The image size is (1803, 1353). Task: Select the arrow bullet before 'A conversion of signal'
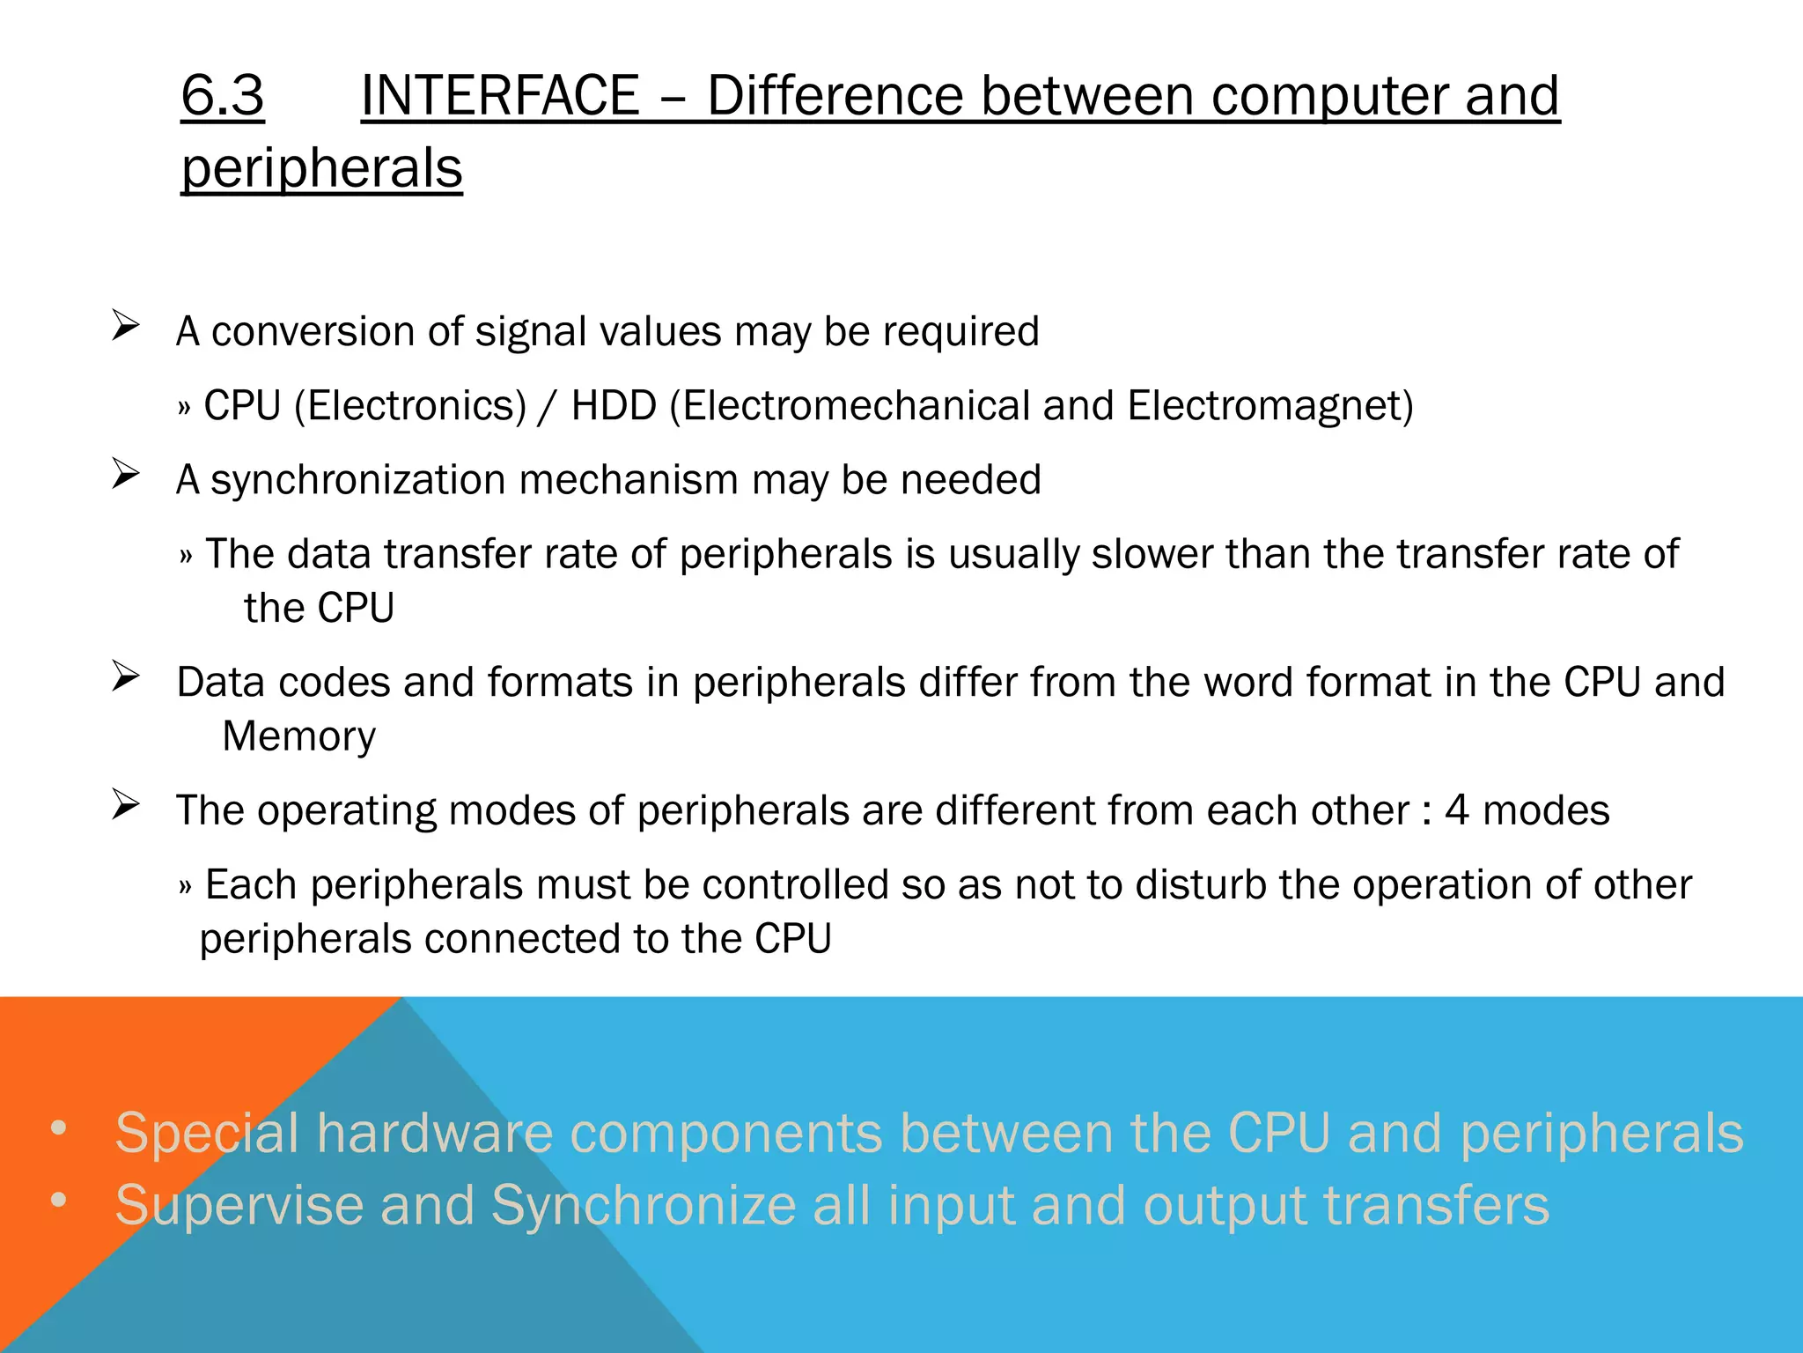[126, 327]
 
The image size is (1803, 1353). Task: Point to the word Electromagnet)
[1270, 406]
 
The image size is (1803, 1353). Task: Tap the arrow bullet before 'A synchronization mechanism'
[126, 475]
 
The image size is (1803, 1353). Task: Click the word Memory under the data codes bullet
[298, 736]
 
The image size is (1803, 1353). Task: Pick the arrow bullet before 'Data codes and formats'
[126, 676]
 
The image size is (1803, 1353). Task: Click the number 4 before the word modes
[1457, 810]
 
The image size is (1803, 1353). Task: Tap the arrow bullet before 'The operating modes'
[126, 804]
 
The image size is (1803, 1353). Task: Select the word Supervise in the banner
[239, 1205]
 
